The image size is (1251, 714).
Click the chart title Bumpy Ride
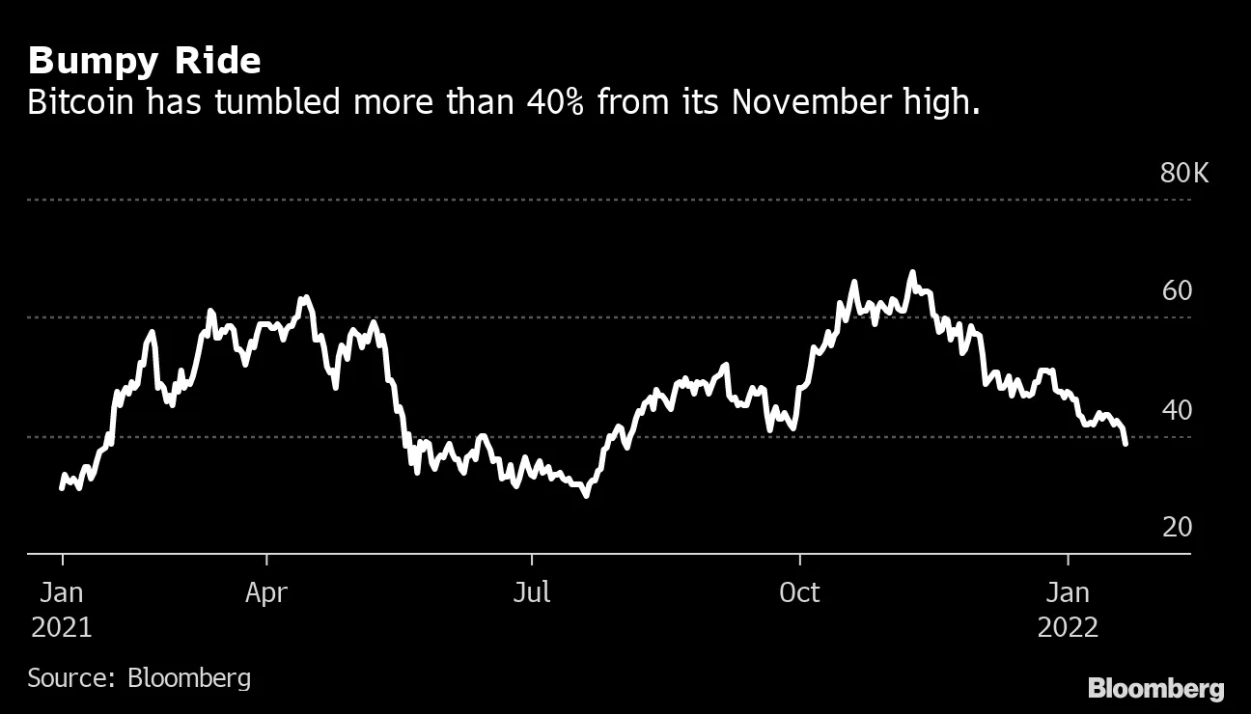point(145,61)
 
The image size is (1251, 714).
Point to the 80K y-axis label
point(1183,174)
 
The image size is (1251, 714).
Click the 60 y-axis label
point(1177,291)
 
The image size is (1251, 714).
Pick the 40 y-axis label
point(1177,411)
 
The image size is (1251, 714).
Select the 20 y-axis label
point(1177,528)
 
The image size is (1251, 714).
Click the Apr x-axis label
point(266,592)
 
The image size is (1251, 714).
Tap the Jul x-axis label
point(532,592)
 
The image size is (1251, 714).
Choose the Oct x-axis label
point(799,592)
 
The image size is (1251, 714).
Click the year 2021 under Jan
point(62,627)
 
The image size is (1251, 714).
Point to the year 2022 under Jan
point(1068,627)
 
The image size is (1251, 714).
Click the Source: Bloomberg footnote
point(139,677)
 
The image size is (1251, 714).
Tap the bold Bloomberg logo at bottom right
point(1155,689)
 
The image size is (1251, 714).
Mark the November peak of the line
point(911,273)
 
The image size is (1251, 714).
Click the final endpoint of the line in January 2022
point(1126,443)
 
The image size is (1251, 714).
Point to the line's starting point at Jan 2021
point(62,487)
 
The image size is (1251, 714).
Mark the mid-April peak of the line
point(305,297)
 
